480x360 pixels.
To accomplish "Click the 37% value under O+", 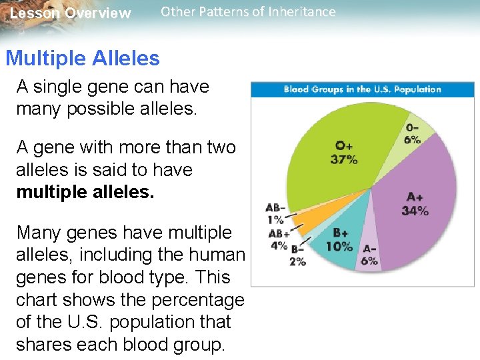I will coord(344,159).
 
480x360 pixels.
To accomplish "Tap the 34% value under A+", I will coord(415,211).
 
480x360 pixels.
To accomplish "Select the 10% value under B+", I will coord(339,246).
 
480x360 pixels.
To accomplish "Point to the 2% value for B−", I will coord(297,261).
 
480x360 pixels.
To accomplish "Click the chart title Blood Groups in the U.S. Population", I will coord(362,89).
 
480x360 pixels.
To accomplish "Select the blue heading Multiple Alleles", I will coord(83,59).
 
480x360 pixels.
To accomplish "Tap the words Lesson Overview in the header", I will coord(71,13).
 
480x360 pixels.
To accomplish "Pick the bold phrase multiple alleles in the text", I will coord(85,192).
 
